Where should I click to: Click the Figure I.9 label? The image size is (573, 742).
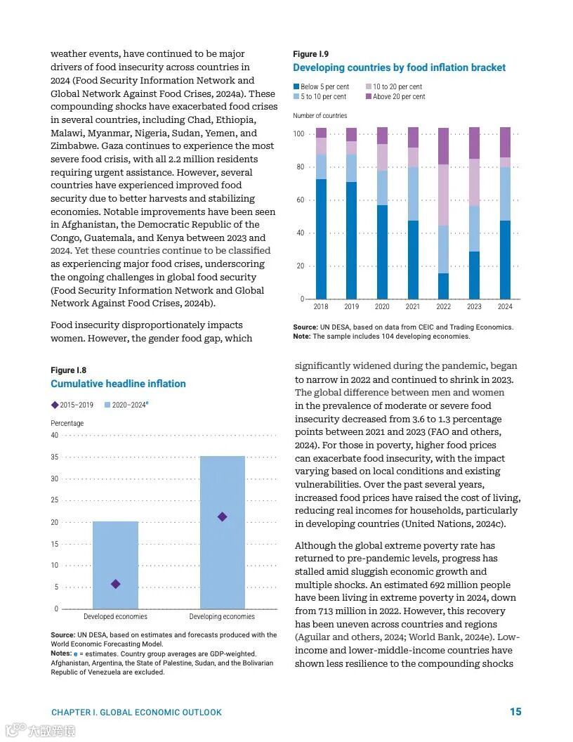tap(310, 54)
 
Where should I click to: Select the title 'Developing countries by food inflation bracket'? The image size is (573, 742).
tap(399, 67)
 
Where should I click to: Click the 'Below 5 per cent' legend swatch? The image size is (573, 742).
tap(296, 87)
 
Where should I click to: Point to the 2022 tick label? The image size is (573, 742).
tap(443, 307)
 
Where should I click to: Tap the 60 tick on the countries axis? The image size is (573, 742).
tap(300, 200)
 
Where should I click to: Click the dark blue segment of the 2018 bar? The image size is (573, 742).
tap(321, 239)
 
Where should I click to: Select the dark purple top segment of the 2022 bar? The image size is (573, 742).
tap(443, 146)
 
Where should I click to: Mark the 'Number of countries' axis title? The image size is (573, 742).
tap(320, 116)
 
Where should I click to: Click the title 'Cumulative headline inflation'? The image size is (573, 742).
tap(118, 384)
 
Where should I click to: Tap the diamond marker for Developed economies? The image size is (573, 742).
tap(116, 584)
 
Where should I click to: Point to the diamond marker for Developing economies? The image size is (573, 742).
tap(223, 517)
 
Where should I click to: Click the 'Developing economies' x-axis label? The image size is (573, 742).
tap(222, 617)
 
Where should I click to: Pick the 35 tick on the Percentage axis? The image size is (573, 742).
tap(55, 457)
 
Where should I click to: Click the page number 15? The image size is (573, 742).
tap(515, 712)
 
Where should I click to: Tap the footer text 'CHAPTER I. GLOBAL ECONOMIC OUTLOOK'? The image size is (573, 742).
tap(136, 712)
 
